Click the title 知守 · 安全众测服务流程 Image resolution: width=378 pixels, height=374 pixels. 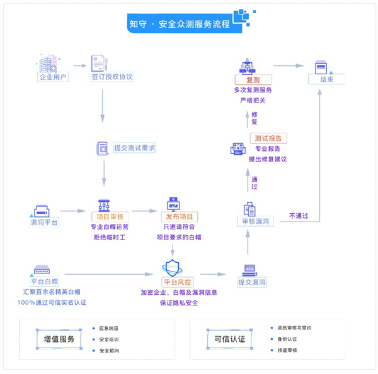[x=179, y=25]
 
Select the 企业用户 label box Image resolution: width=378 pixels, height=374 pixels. [x=54, y=78]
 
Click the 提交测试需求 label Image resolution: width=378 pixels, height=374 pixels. [x=134, y=148]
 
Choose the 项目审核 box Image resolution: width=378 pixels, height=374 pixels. [x=110, y=217]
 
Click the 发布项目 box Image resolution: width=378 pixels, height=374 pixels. [x=180, y=217]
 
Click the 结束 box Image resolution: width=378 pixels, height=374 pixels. [x=326, y=79]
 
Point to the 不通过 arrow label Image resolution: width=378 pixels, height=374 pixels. [x=299, y=216]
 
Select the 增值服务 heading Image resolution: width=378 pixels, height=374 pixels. [x=59, y=339]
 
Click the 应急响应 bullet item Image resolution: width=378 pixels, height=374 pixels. [x=109, y=328]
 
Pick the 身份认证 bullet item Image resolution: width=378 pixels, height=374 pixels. [x=287, y=339]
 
